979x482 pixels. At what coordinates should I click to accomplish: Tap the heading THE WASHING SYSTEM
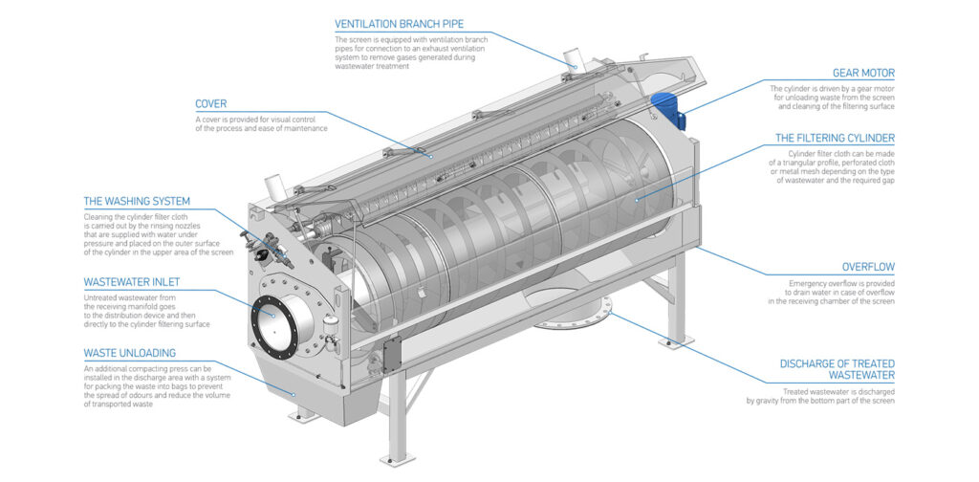137,202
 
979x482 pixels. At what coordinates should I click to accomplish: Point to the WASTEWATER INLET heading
132,283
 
